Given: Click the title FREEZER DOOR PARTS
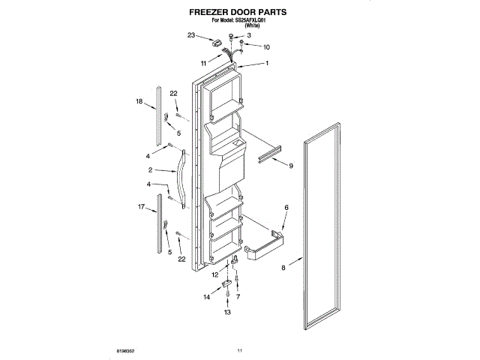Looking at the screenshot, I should pos(240,13).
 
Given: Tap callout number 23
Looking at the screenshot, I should pos(191,35).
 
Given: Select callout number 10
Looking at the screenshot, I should pos(266,47).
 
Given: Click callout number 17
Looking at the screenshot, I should pos(140,206).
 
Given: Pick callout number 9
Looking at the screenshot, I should pos(290,165).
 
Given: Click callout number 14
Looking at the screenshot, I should pos(208,298).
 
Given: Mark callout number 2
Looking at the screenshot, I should pos(150,171).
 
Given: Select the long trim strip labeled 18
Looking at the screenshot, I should pos(158,116).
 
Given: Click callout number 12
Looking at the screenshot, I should pos(214,274).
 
